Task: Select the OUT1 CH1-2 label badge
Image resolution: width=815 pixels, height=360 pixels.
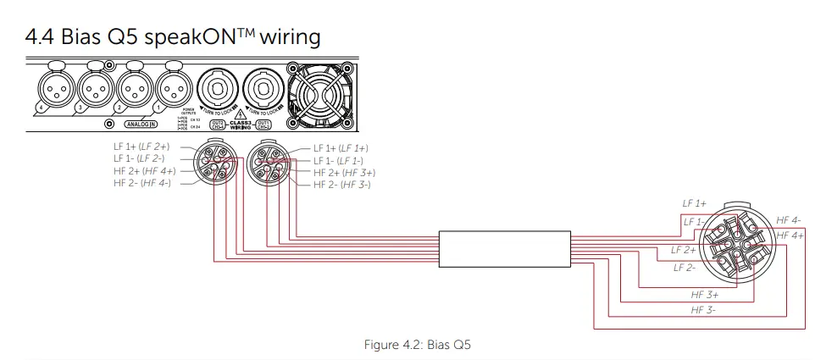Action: point(264,124)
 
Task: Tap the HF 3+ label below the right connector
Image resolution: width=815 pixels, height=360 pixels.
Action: point(705,295)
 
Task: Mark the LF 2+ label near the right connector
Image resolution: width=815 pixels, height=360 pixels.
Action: point(683,250)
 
